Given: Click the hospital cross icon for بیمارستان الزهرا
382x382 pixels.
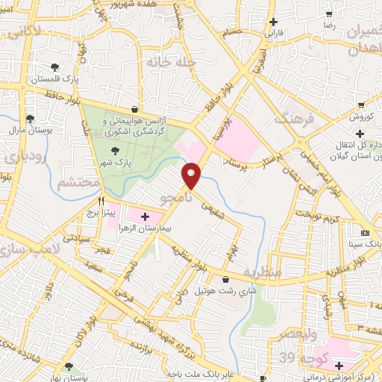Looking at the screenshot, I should [145, 216].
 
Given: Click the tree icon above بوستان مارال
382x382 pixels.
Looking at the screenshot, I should [30, 119].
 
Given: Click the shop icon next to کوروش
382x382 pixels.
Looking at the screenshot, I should [360, 105].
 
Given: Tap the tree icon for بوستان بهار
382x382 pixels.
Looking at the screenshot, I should [69, 366].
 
